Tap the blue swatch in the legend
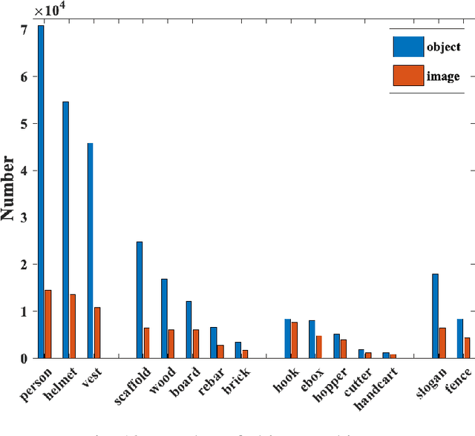[x=407, y=47]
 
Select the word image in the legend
[x=443, y=76]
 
